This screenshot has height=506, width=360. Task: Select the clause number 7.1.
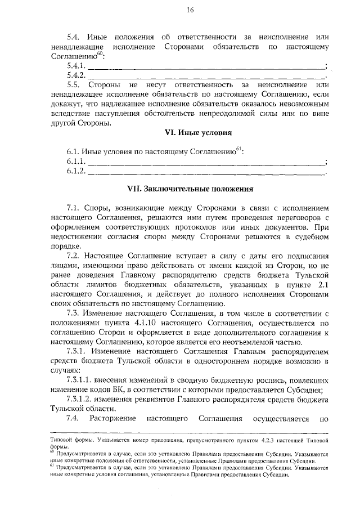[74, 208]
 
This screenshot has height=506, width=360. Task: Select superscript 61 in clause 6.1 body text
[238, 149]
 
